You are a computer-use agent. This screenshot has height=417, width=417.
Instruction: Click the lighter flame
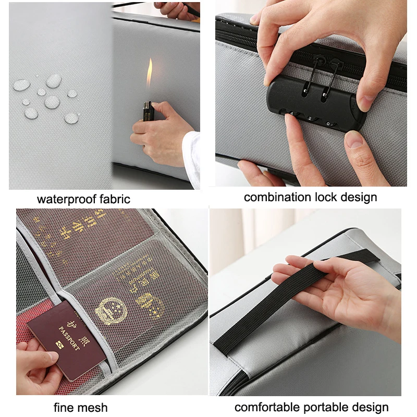pyautogui.click(x=150, y=73)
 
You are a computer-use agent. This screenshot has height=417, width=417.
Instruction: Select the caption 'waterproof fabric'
pyautogui.click(x=83, y=199)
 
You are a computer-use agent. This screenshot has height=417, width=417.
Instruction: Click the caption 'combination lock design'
pyautogui.click(x=311, y=197)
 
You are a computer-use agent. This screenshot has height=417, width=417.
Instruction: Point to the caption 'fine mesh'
pyautogui.click(x=81, y=407)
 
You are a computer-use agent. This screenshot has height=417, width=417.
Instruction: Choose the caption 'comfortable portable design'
pyautogui.click(x=312, y=407)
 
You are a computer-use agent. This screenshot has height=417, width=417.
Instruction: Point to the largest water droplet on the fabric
pyautogui.click(x=53, y=81)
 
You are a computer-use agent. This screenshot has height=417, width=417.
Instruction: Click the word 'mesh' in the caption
pyautogui.click(x=94, y=407)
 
